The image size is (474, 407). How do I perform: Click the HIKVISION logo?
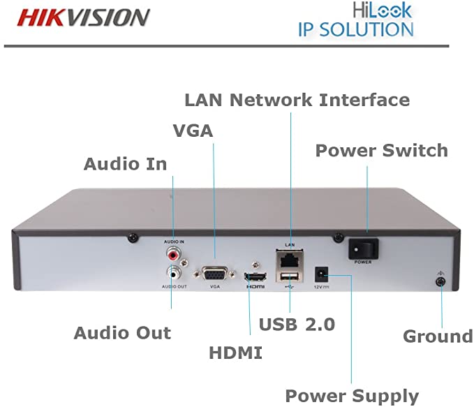[84, 17]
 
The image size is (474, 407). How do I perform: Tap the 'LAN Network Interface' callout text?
[297, 99]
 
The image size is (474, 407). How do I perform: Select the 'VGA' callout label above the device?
[193, 131]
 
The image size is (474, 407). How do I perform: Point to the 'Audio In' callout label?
[126, 164]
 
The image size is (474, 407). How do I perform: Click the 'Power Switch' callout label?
[381, 150]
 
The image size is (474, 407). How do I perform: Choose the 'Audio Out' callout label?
[122, 333]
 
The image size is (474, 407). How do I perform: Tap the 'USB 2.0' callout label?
[297, 324]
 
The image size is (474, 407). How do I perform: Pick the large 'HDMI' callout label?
[236, 353]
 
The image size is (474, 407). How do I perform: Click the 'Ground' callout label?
[438, 336]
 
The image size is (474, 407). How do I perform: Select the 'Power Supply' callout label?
[352, 396]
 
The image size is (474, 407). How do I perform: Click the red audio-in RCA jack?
[172, 249]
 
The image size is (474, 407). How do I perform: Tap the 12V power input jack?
[323, 273]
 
